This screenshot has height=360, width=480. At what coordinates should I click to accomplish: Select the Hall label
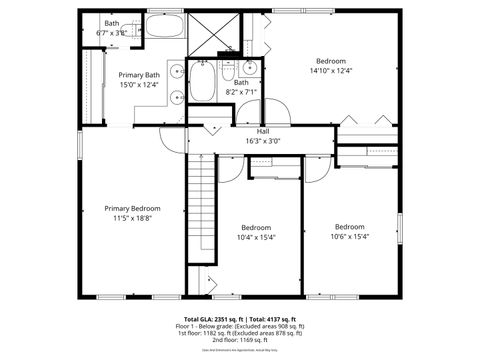(263, 131)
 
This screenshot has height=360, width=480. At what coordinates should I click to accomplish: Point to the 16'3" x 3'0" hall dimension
(263, 141)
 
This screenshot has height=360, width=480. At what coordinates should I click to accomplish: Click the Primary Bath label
(139, 75)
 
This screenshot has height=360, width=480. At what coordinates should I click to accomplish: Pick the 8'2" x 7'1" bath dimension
(241, 92)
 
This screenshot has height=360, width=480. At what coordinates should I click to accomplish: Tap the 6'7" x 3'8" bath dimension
(112, 33)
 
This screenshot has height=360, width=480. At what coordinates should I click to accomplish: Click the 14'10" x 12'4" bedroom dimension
(331, 70)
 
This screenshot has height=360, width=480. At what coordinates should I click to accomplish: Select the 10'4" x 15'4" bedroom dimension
(256, 237)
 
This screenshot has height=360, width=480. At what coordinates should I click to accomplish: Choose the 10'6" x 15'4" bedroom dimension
(350, 237)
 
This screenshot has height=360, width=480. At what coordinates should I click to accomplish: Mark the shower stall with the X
(212, 35)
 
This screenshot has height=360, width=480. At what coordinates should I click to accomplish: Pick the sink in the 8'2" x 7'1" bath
(250, 69)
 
